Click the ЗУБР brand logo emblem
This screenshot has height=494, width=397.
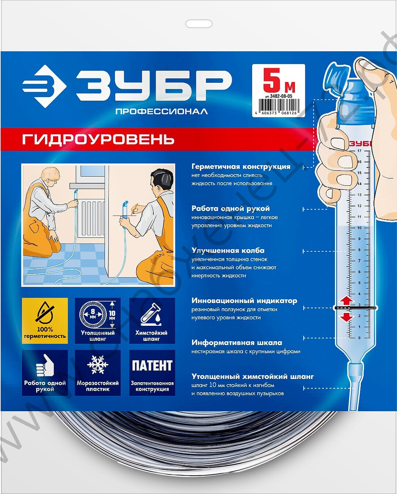(44, 86)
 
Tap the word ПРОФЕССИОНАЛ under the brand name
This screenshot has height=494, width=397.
(161, 112)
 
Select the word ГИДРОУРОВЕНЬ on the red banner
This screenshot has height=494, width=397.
(98, 140)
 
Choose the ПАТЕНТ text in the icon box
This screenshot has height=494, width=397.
(152, 366)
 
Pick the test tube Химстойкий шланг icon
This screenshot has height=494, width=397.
(152, 314)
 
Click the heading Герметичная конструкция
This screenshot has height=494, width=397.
(241, 167)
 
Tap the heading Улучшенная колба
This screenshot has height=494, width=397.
(228, 251)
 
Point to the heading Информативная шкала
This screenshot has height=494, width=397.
(237, 342)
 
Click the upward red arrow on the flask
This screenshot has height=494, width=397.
(347, 300)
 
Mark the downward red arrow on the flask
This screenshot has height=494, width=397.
(347, 317)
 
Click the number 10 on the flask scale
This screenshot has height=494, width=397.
(359, 228)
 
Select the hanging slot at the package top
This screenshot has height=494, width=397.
(199, 24)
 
